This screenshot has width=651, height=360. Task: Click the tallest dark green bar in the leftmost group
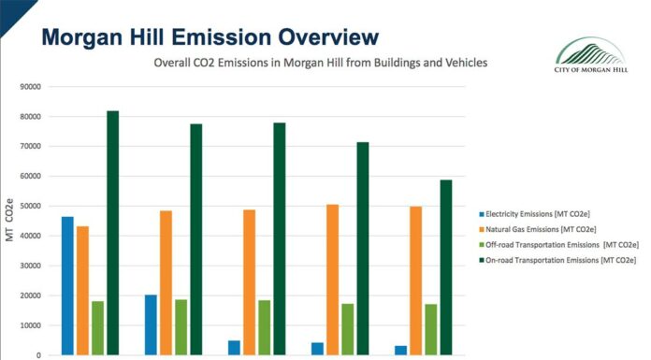click(x=112, y=233)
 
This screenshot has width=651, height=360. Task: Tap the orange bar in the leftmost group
click(x=82, y=290)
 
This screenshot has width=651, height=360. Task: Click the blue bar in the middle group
click(x=234, y=348)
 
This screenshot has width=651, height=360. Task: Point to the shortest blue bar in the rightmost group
click(x=400, y=350)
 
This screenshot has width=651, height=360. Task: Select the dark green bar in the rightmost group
click(x=446, y=267)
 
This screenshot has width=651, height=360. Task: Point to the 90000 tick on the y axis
click(x=31, y=87)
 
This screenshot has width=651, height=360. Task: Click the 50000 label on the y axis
click(x=31, y=206)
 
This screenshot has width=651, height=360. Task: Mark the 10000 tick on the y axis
click(x=31, y=325)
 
